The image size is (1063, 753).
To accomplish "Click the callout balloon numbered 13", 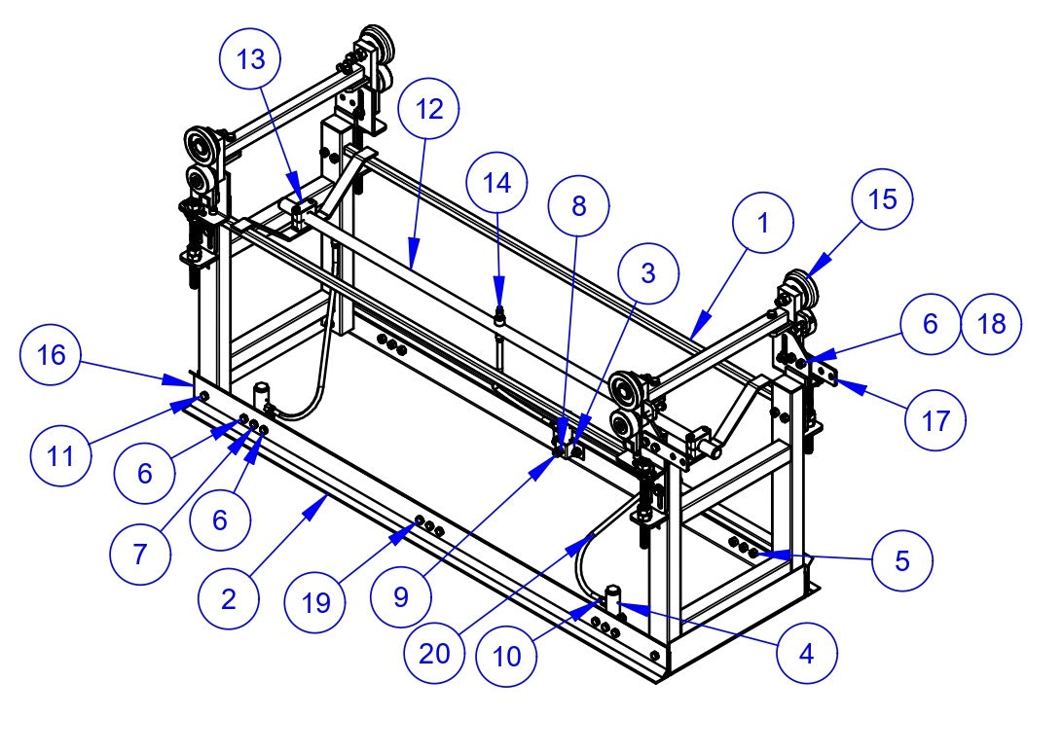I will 250,59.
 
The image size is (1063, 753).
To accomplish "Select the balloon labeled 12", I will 429,110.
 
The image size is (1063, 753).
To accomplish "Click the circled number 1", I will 763,223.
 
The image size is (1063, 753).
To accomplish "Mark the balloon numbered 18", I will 991,324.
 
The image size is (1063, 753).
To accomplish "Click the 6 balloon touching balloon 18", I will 930,324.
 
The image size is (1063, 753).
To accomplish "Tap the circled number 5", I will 902,560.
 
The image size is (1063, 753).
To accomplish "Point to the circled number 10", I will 507,657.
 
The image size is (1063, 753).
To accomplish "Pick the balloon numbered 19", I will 316,603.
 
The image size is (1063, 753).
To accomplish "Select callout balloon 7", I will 139,554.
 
